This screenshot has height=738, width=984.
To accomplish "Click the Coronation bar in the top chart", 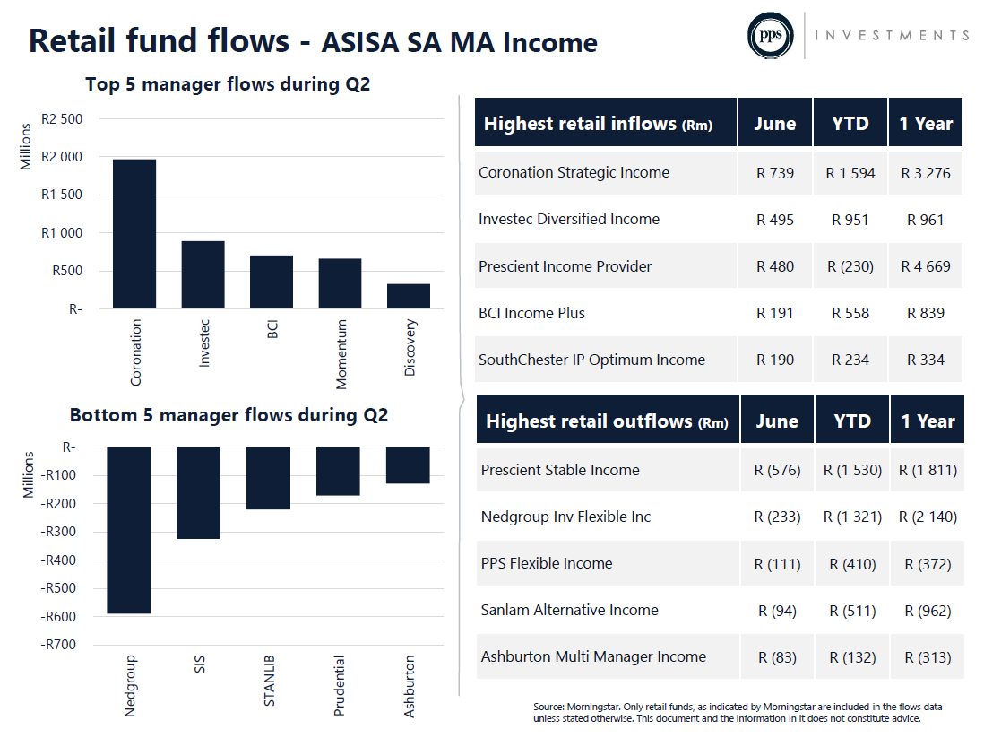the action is tap(134, 234).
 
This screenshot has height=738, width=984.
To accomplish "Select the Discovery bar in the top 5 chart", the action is tap(409, 296).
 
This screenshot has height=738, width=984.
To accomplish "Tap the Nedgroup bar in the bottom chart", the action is tap(129, 530).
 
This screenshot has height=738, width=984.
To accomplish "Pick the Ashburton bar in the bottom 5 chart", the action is tap(408, 465).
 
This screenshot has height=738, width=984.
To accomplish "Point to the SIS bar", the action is tap(198, 493).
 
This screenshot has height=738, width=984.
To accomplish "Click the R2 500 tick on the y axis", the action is tap(62, 119).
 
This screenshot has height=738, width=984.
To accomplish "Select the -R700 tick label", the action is tap(57, 645).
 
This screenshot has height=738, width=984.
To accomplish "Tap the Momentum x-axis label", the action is tap(341, 354).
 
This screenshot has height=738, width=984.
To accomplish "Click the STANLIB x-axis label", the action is tap(269, 681).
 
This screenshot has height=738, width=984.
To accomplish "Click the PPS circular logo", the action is tap(770, 36).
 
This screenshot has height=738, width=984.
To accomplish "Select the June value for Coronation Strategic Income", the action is tap(775, 173).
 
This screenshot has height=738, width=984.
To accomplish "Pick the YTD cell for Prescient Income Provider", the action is tap(850, 267).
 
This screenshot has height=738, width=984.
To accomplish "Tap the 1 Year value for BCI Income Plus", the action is tap(926, 314).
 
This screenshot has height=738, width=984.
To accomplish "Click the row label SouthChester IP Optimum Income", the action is tap(591, 360).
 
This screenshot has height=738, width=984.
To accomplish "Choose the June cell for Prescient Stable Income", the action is tap(777, 471).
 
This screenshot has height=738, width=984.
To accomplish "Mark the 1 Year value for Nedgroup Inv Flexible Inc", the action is tap(928, 517).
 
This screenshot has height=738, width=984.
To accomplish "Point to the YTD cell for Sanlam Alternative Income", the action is tap(852, 611).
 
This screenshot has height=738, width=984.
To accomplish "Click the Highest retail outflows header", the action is tap(608, 421).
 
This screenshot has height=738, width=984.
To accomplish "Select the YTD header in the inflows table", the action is tap(850, 123).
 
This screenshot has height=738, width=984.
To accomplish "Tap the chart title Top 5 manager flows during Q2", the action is tap(228, 84).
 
